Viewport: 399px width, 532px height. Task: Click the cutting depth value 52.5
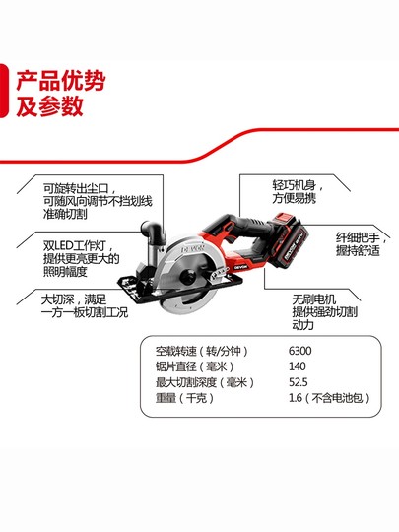point(298,383)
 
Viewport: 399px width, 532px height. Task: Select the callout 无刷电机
point(313,299)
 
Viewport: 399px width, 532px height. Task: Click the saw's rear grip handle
point(258,244)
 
